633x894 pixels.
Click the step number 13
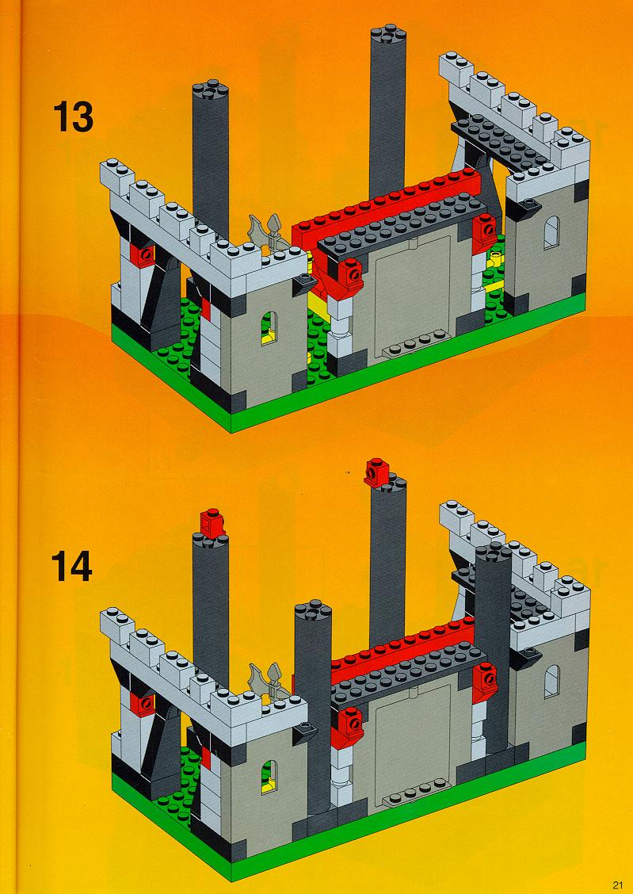(x=73, y=117)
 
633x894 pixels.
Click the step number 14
(x=72, y=566)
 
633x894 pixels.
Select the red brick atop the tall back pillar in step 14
(x=377, y=472)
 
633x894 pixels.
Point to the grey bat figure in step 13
(x=268, y=231)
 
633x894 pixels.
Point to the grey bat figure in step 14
(x=268, y=680)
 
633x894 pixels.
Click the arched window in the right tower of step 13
(x=551, y=233)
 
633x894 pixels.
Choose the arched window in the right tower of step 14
(x=551, y=682)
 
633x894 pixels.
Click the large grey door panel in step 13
(x=411, y=296)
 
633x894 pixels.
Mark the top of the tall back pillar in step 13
(x=388, y=34)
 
